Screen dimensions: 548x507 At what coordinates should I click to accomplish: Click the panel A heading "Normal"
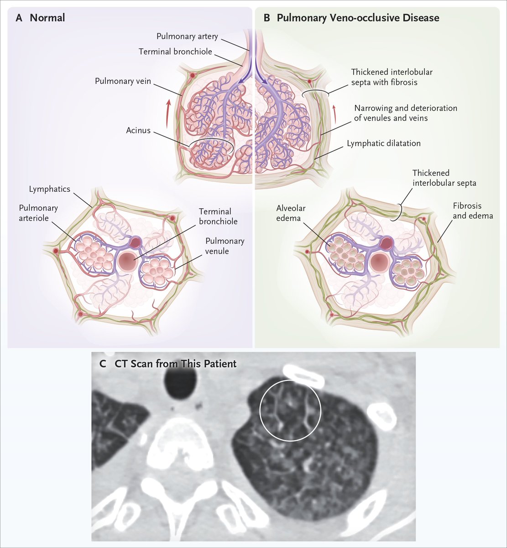[x=47, y=18]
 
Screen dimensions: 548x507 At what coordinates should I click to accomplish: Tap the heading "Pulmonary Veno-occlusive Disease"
[x=358, y=18]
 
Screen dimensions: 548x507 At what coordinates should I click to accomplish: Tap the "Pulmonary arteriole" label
[x=38, y=213]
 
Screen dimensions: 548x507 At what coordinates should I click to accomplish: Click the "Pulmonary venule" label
[x=225, y=246]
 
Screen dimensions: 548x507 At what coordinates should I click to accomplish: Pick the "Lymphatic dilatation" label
[x=383, y=143]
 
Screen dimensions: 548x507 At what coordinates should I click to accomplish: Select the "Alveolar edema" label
[x=291, y=213]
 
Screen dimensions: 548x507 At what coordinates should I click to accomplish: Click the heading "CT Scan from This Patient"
[x=172, y=364]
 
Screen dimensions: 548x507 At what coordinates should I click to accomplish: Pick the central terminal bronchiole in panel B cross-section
[x=380, y=263]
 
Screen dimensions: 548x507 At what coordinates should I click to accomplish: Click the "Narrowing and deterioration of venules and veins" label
[x=405, y=113]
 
